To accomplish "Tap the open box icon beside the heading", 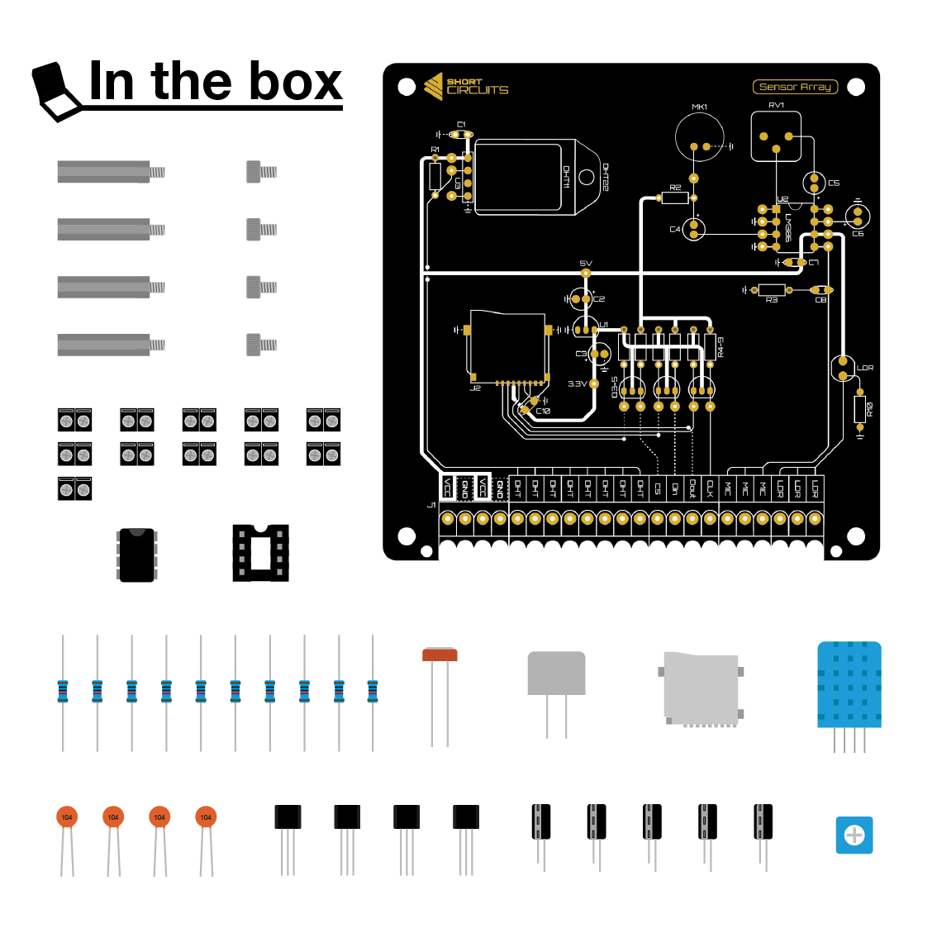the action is [55, 92].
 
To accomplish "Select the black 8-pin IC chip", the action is [137, 555].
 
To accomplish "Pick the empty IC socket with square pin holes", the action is [260, 552].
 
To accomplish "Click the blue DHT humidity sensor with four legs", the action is [849, 686].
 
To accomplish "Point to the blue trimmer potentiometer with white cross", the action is [854, 836].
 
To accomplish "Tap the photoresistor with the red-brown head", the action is [440, 655].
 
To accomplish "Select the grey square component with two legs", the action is [556, 674].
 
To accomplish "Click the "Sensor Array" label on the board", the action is [795, 87].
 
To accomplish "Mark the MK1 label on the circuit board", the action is [699, 107].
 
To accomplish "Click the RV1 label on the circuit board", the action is [776, 105].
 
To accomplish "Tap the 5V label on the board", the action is [586, 264].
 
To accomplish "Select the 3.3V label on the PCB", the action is [577, 384].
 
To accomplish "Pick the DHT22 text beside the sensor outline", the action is [605, 177].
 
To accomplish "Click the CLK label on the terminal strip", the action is [710, 489].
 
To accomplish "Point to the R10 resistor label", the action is [869, 408].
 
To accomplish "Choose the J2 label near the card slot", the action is [475, 388].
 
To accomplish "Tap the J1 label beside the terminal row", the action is [430, 506].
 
